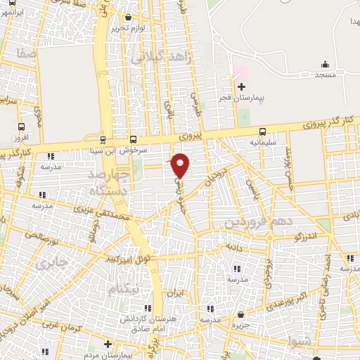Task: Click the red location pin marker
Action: coord(181,165)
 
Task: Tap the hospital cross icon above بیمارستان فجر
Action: coord(241,86)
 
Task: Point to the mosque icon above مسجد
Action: coord(324,64)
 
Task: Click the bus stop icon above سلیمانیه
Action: coord(263,131)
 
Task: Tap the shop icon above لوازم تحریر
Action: coord(127,17)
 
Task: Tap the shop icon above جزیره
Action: coord(241,314)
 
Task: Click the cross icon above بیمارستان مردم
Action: coord(107,344)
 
